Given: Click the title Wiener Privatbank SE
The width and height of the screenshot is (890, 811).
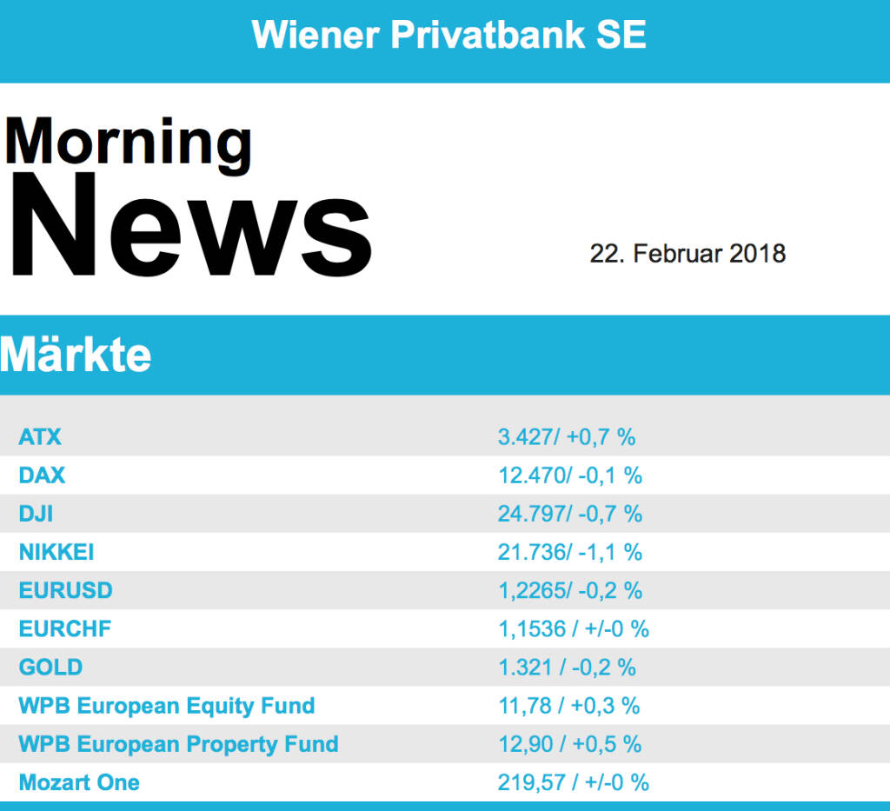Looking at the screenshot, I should click(448, 35).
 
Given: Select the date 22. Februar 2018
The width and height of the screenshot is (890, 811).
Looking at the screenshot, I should click(687, 254).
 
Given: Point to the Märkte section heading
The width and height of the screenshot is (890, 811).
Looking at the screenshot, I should click(76, 355).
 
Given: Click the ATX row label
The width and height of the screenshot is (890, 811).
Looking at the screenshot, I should click(40, 436).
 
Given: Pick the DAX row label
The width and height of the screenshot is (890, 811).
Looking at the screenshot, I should click(42, 475).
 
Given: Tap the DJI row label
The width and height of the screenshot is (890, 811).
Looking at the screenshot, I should click(36, 514).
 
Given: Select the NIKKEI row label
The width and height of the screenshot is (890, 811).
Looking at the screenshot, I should click(56, 552).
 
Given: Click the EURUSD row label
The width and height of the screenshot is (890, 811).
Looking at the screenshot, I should click(66, 590).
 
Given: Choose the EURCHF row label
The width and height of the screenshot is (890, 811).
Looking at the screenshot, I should click(65, 628).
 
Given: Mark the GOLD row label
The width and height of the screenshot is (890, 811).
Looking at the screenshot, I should click(50, 668).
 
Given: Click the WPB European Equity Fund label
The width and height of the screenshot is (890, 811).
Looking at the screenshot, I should click(167, 706).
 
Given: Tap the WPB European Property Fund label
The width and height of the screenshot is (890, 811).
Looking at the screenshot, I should click(178, 744).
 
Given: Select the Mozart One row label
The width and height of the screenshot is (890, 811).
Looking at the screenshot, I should click(79, 782).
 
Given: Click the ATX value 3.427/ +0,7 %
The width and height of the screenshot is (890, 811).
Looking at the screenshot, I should click(567, 436).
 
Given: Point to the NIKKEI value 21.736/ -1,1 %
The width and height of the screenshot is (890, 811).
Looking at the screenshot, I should click(570, 552).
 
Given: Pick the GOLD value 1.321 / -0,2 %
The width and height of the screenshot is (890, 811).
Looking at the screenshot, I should click(567, 668).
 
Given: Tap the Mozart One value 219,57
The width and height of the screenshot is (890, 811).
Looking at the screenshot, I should click(533, 782).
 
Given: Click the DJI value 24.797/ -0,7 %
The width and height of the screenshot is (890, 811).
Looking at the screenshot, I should click(570, 514).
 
